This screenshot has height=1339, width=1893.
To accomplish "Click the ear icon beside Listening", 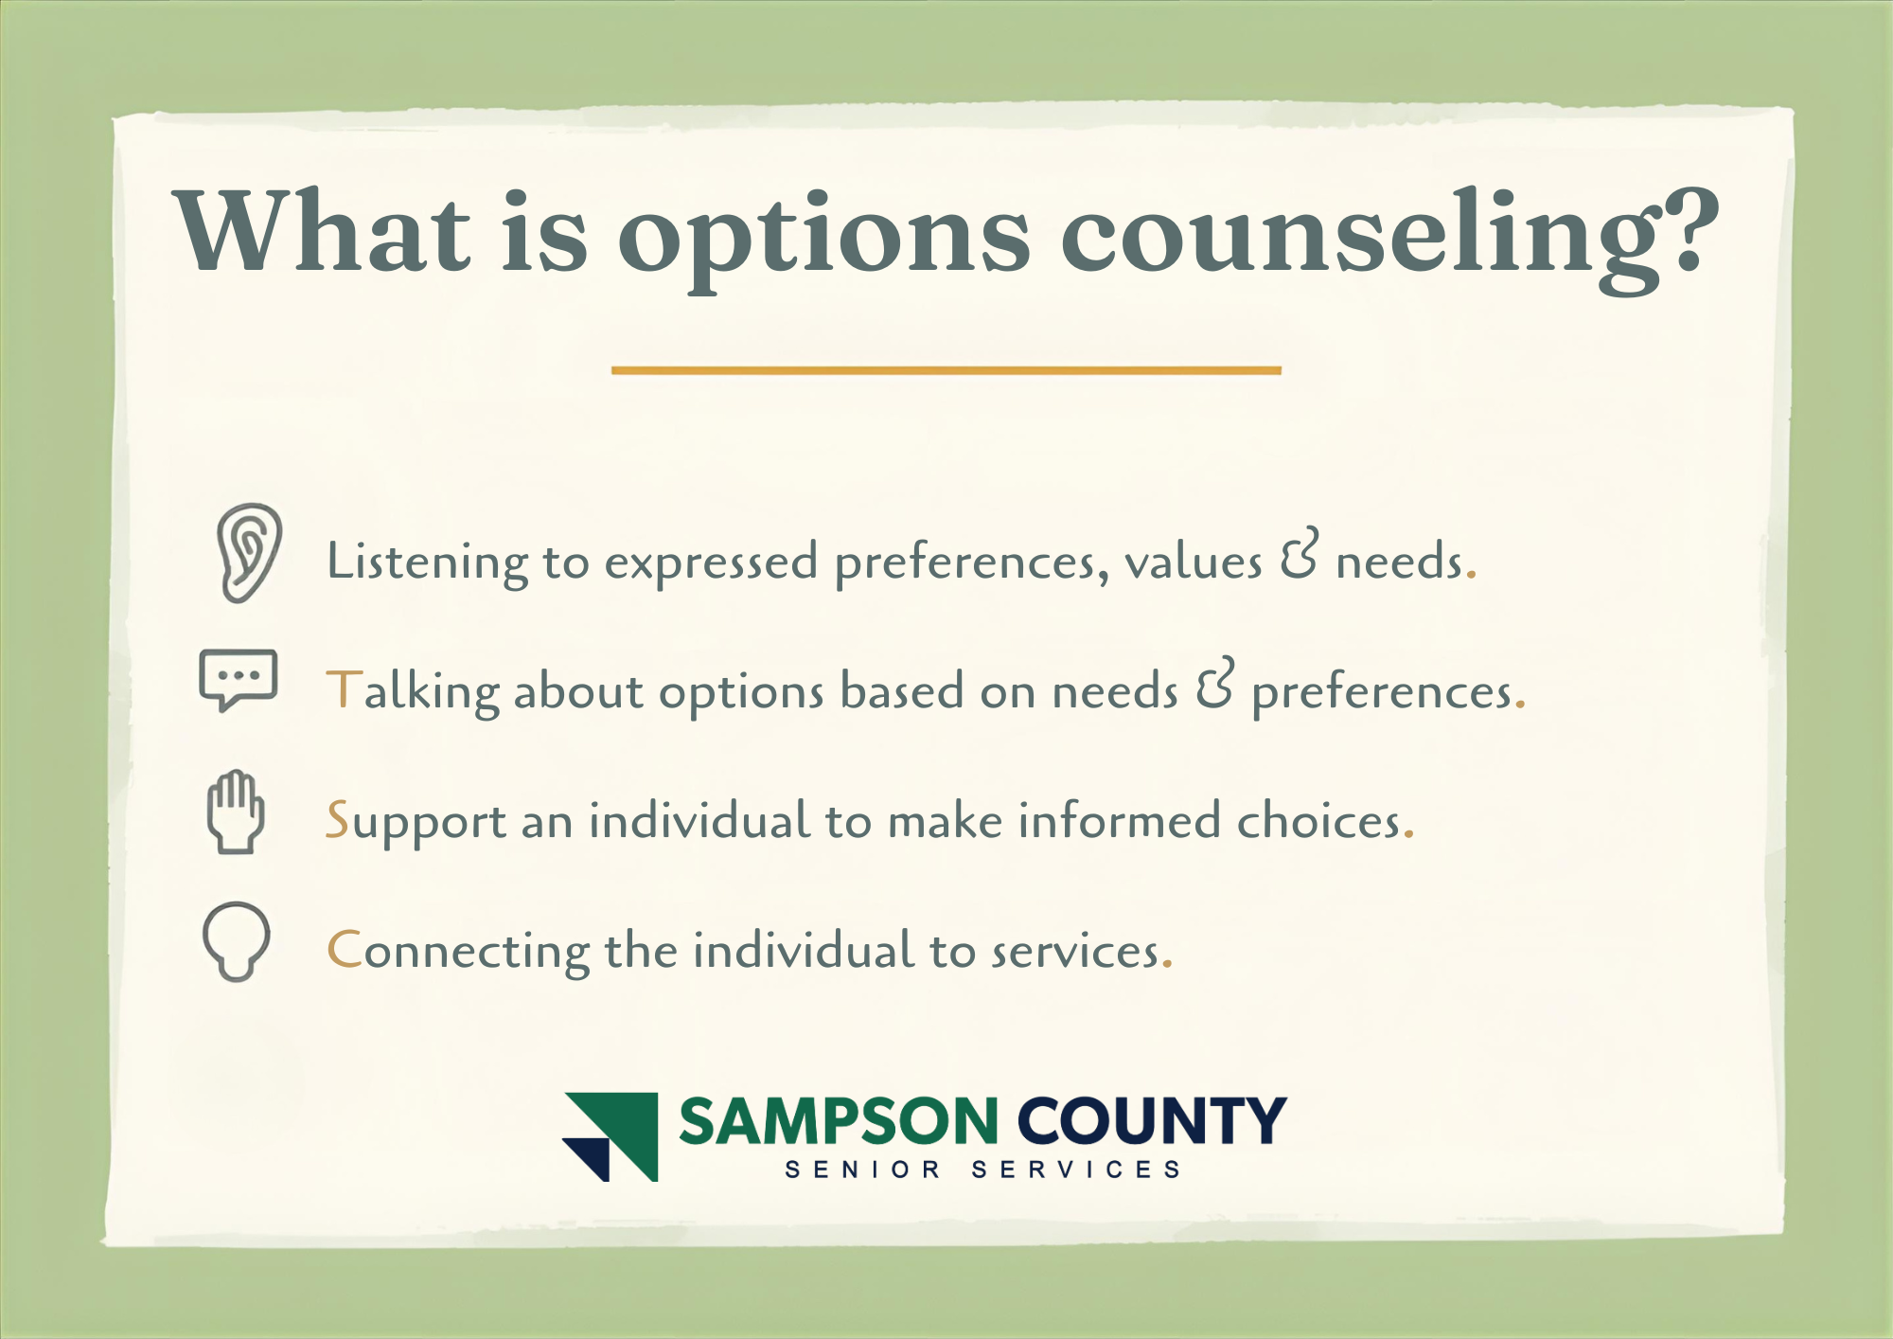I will (x=249, y=553).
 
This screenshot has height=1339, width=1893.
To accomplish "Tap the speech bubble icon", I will (x=238, y=679).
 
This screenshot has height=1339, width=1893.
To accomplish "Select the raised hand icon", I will (x=236, y=812).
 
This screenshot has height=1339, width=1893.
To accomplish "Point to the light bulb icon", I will (x=237, y=941).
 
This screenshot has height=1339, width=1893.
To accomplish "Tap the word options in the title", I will (x=823, y=237).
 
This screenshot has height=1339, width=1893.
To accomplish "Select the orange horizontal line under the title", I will (x=946, y=370).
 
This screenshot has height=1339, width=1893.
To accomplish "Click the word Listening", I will (x=427, y=562).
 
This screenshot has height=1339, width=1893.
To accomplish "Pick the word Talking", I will (x=413, y=691).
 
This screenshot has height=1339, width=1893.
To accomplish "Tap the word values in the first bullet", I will (x=1193, y=562).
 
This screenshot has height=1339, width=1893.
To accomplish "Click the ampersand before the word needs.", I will (x=1299, y=555).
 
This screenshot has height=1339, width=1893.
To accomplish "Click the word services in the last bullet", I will (x=1074, y=951).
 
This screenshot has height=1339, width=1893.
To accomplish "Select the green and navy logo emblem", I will (x=611, y=1136).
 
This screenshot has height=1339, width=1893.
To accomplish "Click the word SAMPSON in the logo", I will (x=839, y=1121).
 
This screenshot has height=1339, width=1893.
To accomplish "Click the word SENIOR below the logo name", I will (x=862, y=1170).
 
